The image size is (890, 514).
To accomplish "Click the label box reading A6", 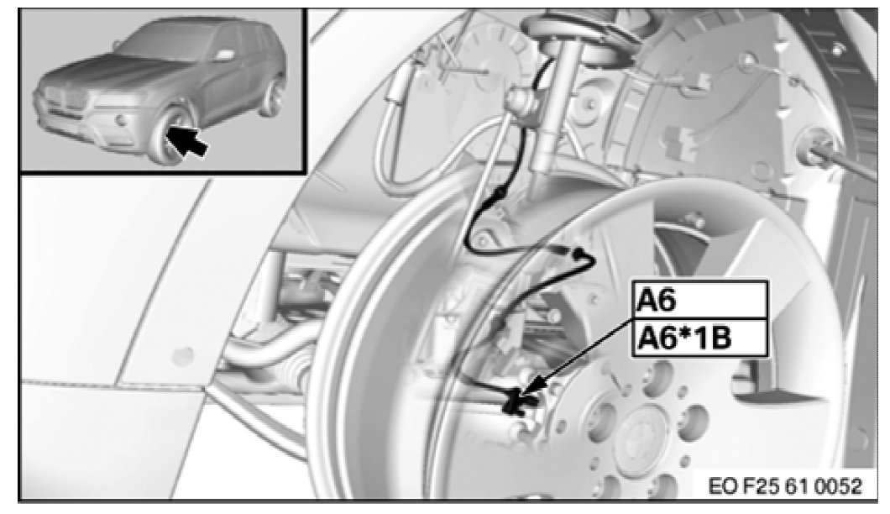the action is (700, 300).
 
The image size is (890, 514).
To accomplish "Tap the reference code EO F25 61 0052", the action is (785, 486).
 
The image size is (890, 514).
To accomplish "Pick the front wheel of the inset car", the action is (170, 136).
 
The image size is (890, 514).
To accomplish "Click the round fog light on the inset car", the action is (120, 120).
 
